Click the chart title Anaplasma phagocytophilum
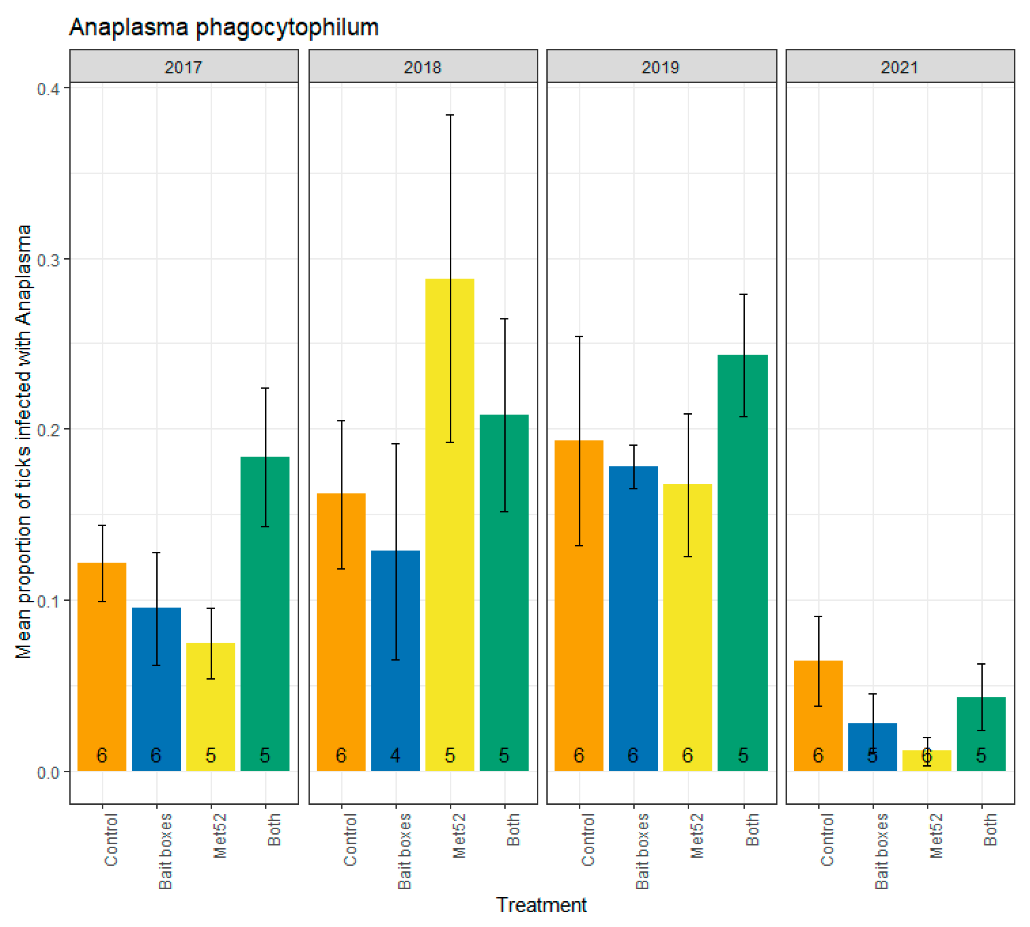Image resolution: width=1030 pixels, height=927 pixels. click(x=224, y=27)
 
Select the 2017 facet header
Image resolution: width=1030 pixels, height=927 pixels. click(x=183, y=67)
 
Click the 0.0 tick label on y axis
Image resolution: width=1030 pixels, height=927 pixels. click(x=48, y=773)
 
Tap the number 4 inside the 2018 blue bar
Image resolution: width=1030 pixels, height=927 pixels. click(x=395, y=755)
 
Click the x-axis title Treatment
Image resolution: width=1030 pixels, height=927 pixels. click(x=541, y=905)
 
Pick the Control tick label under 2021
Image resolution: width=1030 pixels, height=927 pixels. click(x=827, y=840)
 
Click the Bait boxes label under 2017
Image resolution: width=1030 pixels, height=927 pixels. click(x=165, y=851)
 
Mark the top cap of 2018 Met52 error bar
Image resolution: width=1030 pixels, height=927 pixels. click(x=450, y=115)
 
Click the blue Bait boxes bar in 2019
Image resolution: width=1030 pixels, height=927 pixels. click(x=633, y=611)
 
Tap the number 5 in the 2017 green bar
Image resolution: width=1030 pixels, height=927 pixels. click(x=265, y=755)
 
